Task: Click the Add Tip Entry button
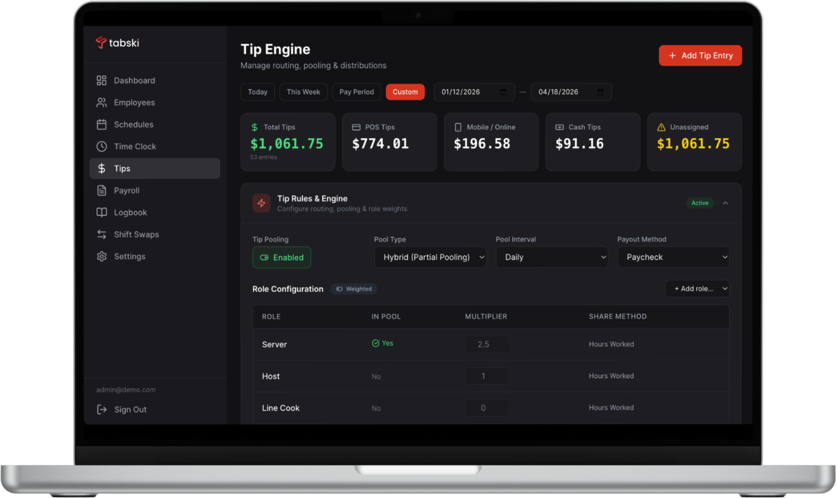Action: tap(700, 56)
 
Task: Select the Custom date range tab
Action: tap(405, 92)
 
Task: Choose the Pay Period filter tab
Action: tap(357, 92)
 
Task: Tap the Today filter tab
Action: tap(257, 92)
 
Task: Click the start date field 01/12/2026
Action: tap(474, 92)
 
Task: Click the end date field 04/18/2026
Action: tap(571, 92)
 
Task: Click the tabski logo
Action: tap(117, 43)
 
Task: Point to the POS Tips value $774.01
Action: tap(380, 144)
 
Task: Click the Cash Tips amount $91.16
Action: tap(579, 144)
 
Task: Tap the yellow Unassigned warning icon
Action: tap(661, 128)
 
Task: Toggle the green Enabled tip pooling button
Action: tap(282, 257)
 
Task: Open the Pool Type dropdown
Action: tap(430, 257)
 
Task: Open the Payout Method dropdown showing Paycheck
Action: tap(673, 257)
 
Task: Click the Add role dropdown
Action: tap(697, 289)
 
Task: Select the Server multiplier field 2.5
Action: tap(487, 344)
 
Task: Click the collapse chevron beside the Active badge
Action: tap(725, 203)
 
